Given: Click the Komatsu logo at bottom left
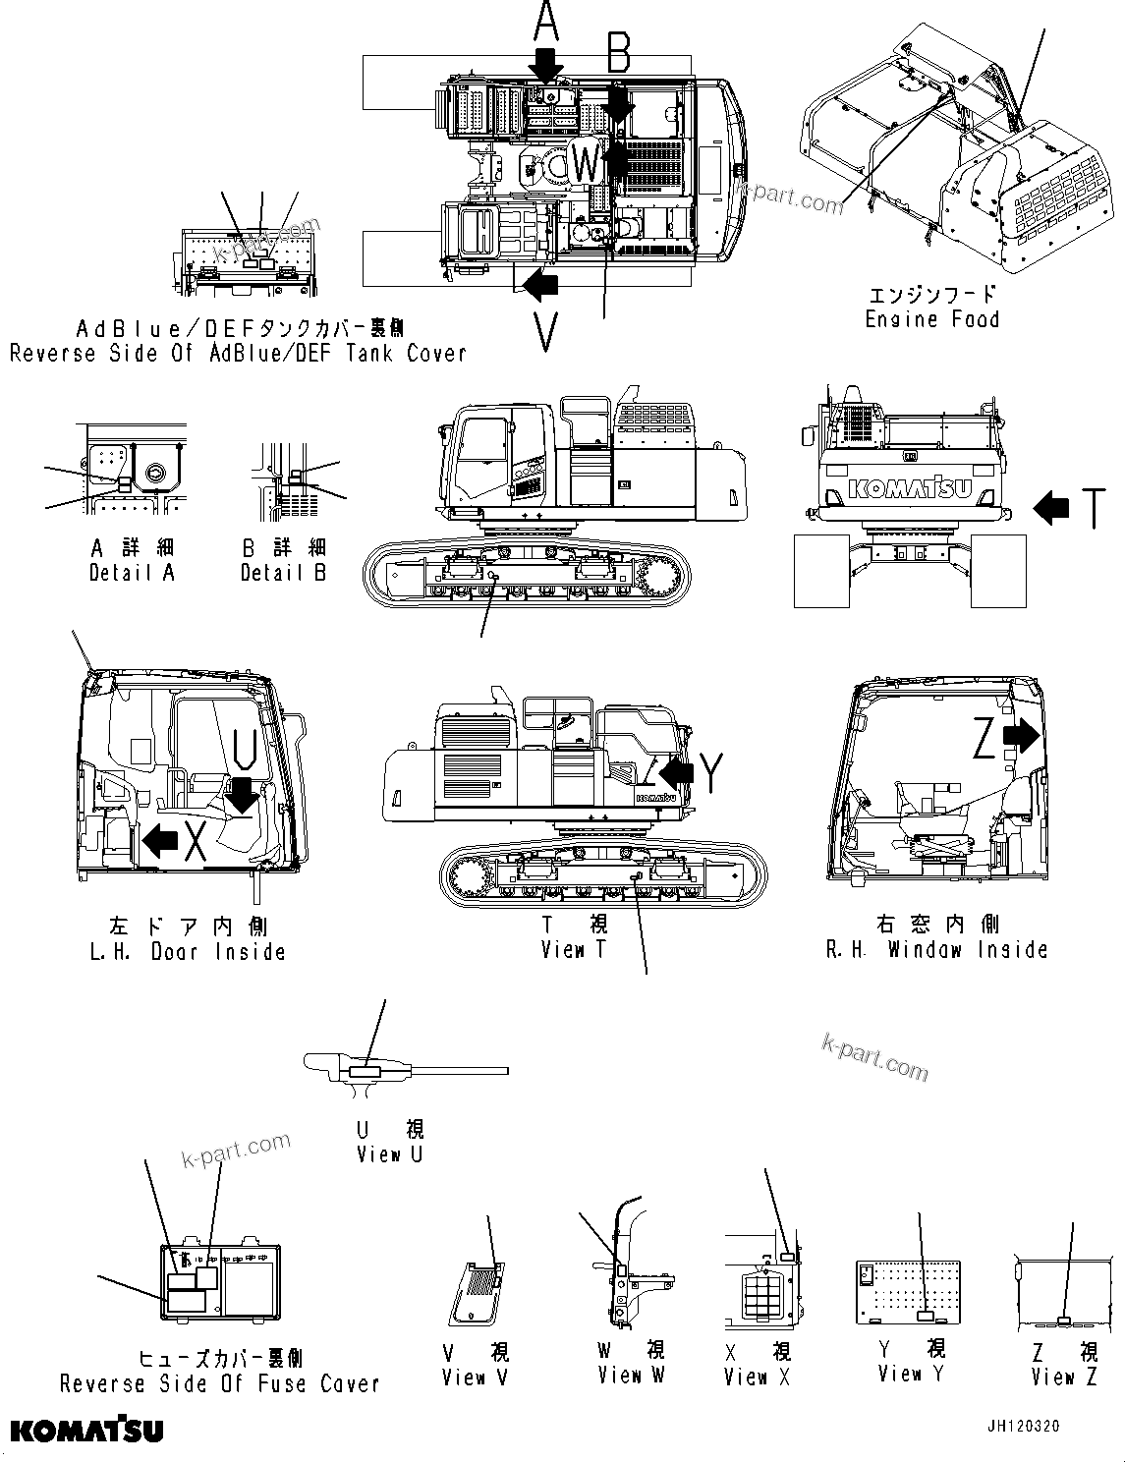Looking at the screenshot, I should pos(87,1429).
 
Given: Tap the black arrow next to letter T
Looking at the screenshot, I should pos(1052,508).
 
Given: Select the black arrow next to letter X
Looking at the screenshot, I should pos(160,840).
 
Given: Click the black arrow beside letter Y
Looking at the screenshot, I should pos(677,772).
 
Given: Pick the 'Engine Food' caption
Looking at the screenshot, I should pos(931,319).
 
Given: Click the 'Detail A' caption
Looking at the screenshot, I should pos(132,573).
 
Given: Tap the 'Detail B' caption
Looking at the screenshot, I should pos(283,573).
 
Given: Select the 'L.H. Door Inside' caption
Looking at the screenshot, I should pos(188,951).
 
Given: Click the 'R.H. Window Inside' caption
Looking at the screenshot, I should pos(937,949).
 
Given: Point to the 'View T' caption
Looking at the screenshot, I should pos(575,949).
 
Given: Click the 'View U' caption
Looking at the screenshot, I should pos(389,1154).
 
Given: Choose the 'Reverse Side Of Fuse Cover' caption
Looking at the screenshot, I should pos(219,1383).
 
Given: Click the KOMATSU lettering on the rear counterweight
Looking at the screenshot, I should pos(910,488).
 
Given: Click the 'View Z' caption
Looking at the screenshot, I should pos(1064,1377).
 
